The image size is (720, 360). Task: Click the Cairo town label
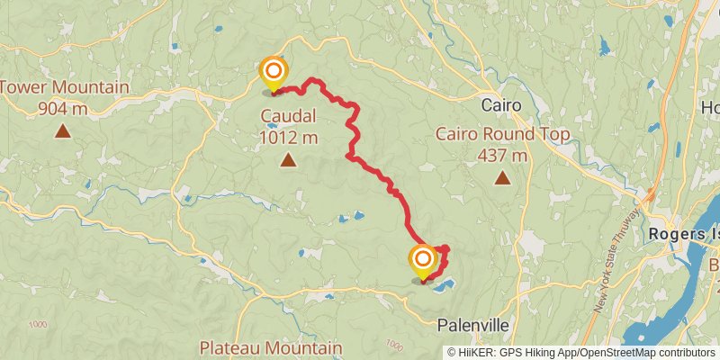click(x=501, y=105)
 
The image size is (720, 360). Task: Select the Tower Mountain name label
click(x=64, y=88)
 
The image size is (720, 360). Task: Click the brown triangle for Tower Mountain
click(x=63, y=131)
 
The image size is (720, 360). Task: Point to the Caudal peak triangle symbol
click(x=288, y=161)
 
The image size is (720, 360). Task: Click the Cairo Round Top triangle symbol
click(x=502, y=178)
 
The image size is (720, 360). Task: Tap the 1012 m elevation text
click(x=288, y=138)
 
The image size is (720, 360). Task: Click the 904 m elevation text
click(x=63, y=109)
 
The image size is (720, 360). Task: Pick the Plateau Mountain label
click(x=271, y=347)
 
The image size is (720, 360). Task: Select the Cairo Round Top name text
click(x=503, y=135)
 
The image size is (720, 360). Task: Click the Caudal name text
click(x=288, y=116)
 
